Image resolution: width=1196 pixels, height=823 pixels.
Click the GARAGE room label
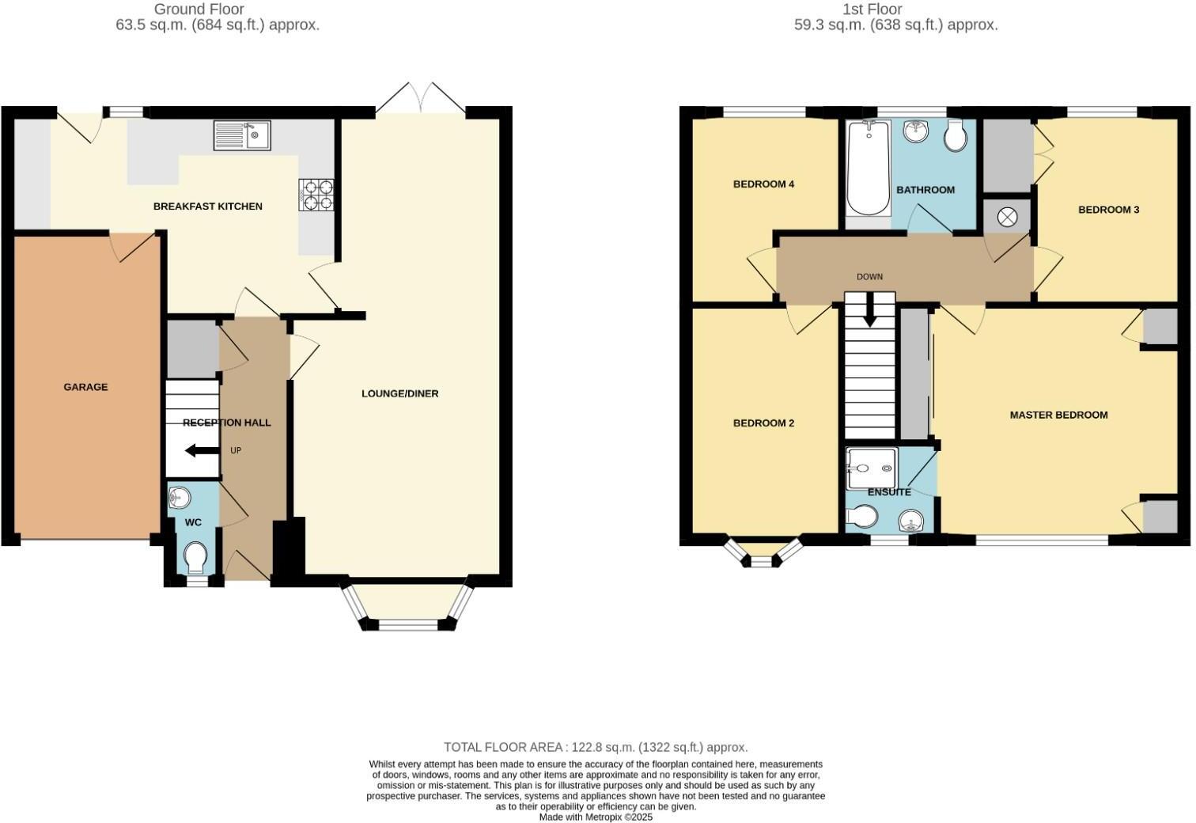click(x=85, y=387)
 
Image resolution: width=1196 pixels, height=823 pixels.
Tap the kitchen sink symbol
click(x=241, y=135)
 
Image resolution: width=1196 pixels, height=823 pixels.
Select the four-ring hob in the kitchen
click(x=316, y=195)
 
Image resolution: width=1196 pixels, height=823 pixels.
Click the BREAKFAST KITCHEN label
click(x=207, y=207)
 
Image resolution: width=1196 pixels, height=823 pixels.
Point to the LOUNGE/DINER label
click(x=399, y=393)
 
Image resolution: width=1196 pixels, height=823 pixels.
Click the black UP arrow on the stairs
click(x=202, y=451)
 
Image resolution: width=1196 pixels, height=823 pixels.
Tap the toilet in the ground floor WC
click(x=195, y=559)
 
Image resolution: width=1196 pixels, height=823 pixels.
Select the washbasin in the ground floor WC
click(x=180, y=498)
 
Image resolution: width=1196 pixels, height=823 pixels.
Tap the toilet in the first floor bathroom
click(x=956, y=136)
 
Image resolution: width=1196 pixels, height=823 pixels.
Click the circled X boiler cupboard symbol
click(x=1007, y=216)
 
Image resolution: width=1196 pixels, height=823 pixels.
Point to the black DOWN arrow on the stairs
click(x=869, y=311)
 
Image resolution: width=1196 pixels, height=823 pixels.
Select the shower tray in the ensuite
click(x=870, y=468)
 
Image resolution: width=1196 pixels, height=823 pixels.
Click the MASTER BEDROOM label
click(x=1058, y=415)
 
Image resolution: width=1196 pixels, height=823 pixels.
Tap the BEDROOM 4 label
click(x=763, y=184)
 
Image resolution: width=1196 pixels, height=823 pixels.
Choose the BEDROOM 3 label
click(x=1108, y=210)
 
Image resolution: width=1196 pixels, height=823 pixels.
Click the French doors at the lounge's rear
click(x=421, y=99)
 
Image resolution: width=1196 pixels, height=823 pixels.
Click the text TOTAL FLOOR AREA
click(x=503, y=747)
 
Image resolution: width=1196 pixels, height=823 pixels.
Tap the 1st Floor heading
click(x=895, y=9)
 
